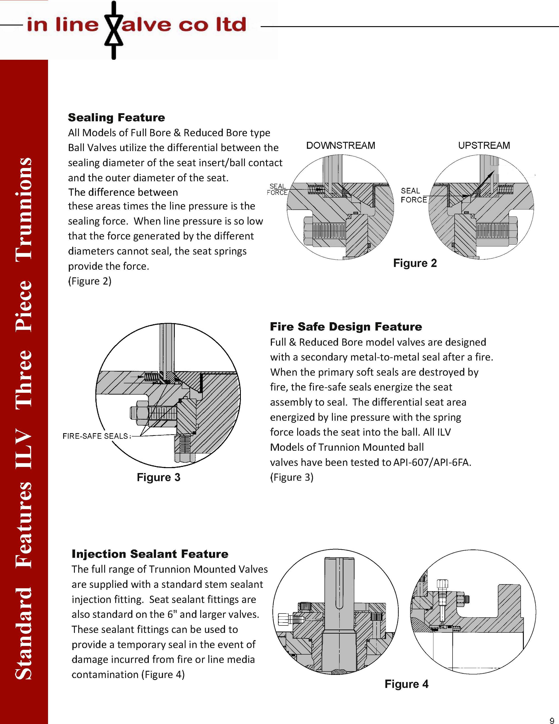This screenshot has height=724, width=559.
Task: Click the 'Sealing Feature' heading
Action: tap(116, 118)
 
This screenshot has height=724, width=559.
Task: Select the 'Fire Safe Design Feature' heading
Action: tap(346, 327)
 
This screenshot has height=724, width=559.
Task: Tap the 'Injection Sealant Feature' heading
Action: tap(150, 554)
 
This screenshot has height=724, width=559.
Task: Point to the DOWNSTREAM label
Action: tap(340, 145)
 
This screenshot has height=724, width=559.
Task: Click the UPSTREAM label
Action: tap(484, 145)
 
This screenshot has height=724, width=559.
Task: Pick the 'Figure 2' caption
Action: tap(415, 263)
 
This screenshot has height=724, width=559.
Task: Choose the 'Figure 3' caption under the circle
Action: tap(159, 477)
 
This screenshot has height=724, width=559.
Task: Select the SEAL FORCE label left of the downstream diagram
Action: tap(277, 189)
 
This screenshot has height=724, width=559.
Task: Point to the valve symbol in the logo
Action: tap(114, 30)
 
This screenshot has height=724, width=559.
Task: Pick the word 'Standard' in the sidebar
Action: tap(24, 633)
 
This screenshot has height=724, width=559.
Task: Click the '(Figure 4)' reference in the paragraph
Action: tap(163, 675)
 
